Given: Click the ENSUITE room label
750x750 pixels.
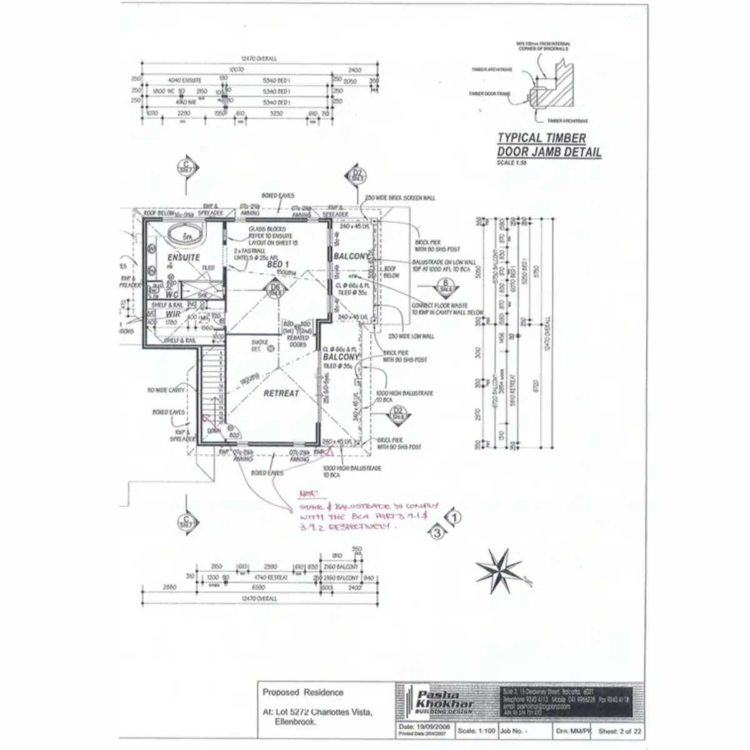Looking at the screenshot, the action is (x=183, y=257).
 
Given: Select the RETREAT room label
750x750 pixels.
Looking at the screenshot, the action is (x=281, y=393).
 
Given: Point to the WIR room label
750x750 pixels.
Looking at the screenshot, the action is (x=173, y=315).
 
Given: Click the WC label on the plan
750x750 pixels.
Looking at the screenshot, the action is (x=172, y=294).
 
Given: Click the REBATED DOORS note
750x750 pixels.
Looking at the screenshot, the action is (x=297, y=341).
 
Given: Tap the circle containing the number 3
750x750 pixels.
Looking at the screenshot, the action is (x=437, y=532).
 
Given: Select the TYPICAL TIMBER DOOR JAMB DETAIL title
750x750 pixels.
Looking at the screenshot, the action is (x=549, y=145).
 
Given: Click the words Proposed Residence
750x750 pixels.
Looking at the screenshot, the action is (x=302, y=692).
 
